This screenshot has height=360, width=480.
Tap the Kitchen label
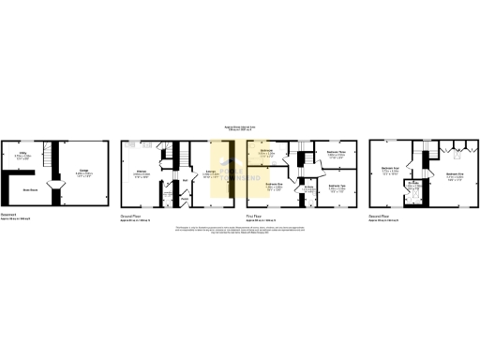pos(142,173)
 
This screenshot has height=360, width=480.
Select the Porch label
pos(186,200)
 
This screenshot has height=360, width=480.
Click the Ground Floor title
pos(131,215)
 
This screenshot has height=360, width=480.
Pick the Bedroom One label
pos(273,187)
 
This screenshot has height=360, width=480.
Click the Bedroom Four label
pos(391,171)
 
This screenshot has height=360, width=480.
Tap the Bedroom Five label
pos(457,175)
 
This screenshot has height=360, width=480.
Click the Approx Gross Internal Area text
pos(239,127)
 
